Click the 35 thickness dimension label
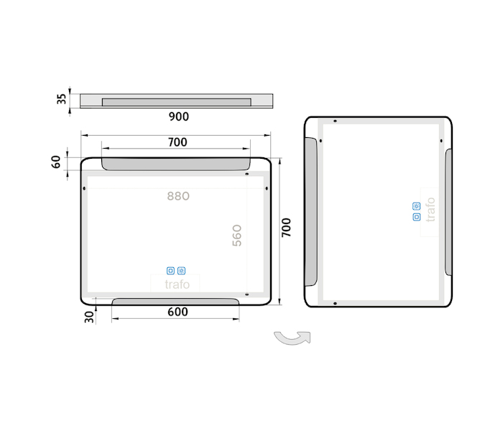click(61, 99)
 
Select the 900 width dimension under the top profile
click(179, 116)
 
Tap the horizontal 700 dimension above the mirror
click(177, 142)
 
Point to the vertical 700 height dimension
click(286, 228)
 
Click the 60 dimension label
click(56, 162)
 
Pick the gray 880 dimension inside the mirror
click(178, 196)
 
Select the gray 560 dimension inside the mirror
click(236, 236)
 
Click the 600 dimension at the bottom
click(177, 312)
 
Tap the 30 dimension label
click(89, 317)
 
